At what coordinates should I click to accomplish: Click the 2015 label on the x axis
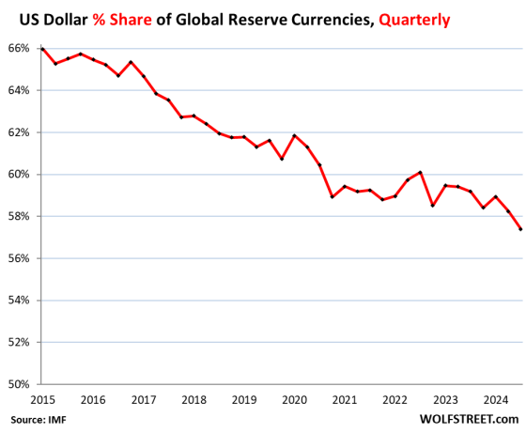click(x=41, y=399)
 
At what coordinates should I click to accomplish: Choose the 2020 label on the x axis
click(x=294, y=399)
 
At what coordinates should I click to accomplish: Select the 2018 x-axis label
click(x=193, y=399)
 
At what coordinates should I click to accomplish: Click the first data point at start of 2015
click(x=42, y=49)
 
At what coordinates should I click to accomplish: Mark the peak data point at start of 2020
click(x=294, y=135)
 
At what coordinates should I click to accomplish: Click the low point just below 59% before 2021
click(x=332, y=196)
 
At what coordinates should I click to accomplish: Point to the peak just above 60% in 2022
click(x=420, y=172)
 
